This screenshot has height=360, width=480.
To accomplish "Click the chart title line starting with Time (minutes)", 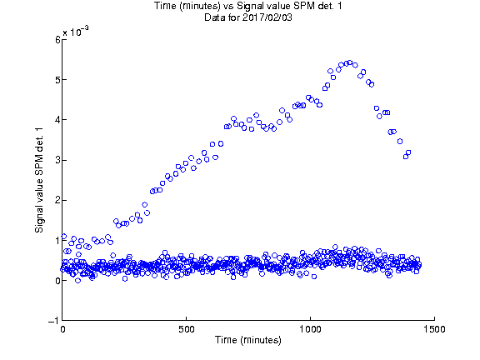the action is [x=248, y=6].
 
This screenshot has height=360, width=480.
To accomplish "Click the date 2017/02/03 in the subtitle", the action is [x=267, y=17].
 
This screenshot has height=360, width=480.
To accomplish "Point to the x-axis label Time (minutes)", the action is [x=248, y=340].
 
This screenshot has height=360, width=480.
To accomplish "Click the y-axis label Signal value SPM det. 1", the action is [x=39, y=180].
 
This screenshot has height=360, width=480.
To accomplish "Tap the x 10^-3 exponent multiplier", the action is [x=76, y=31].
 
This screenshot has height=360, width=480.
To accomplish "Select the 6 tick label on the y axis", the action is [x=58, y=40].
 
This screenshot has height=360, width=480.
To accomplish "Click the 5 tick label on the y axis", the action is [x=58, y=80].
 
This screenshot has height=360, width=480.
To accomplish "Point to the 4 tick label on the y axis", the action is [x=58, y=120].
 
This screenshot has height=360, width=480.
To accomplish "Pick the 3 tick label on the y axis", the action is [x=58, y=160].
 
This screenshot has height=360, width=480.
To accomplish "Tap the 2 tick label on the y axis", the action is [x=58, y=201].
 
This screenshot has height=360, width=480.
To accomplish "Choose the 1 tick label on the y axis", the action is [x=58, y=241].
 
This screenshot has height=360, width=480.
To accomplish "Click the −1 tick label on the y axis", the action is [x=54, y=321].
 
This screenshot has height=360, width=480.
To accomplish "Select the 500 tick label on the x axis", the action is [x=187, y=329].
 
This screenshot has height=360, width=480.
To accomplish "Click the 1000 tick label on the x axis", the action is [x=310, y=329].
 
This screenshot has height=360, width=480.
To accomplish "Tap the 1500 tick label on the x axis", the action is [x=434, y=329].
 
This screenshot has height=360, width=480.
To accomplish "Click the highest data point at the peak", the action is [x=350, y=62].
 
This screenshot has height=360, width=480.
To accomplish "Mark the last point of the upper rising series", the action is [x=408, y=152].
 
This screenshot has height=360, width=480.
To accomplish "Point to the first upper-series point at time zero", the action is [x=64, y=236].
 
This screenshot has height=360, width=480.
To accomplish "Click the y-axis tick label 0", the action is [x=58, y=281].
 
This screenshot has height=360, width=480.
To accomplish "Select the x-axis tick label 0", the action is [x=62, y=329].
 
